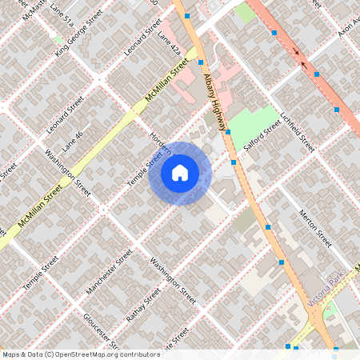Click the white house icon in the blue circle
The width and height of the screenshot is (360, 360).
(180, 173)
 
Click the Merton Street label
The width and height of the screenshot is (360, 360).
(314, 227)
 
